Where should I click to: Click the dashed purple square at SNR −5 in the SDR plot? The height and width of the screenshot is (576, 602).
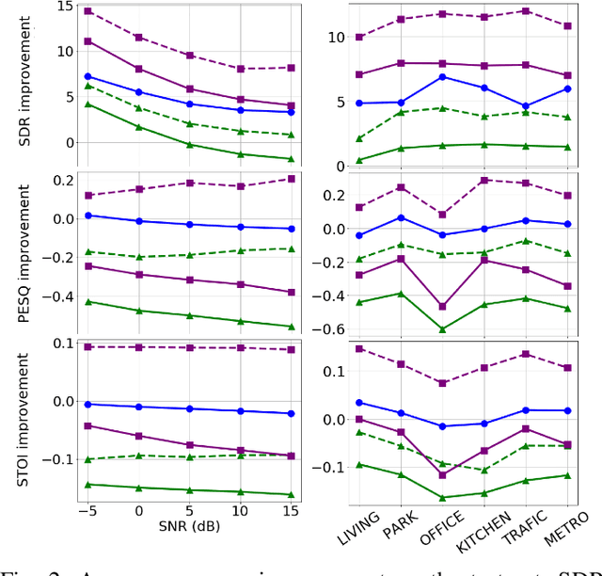coord(87,11)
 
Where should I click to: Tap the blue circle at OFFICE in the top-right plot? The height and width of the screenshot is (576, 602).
coord(443,76)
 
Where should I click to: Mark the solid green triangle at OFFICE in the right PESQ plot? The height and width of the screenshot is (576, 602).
coord(443,328)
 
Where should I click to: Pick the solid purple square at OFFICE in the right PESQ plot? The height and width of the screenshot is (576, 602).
coord(443,306)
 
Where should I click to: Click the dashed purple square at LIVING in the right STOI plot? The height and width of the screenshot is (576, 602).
coord(359,348)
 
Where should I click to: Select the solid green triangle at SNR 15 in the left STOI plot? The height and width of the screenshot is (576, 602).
coord(290,494)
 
